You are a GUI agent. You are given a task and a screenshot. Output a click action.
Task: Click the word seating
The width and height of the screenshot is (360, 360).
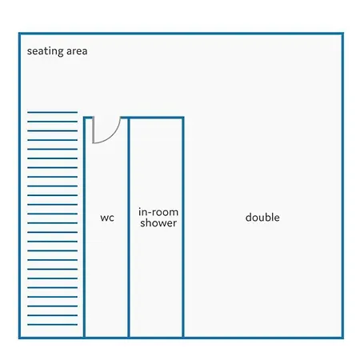pyautogui.click(x=46, y=51)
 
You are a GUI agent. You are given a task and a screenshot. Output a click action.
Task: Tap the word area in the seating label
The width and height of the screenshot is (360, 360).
pyautogui.click(x=77, y=51)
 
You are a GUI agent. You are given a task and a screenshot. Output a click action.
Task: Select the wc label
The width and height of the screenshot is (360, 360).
pyautogui.click(x=107, y=218)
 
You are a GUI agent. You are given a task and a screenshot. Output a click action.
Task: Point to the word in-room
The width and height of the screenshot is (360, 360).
pyautogui.click(x=158, y=212)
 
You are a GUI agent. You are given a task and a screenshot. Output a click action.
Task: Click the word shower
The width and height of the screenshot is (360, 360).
pyautogui.click(x=158, y=223)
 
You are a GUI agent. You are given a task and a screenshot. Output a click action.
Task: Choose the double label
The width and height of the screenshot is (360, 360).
pyautogui.click(x=262, y=218)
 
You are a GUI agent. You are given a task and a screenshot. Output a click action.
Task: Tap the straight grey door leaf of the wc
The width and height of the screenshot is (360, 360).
pyautogui.click(x=93, y=130)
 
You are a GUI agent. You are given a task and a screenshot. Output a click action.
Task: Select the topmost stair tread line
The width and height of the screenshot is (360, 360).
pyautogui.click(x=52, y=112)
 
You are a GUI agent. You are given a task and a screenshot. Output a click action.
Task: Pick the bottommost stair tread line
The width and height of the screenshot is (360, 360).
pyautogui.click(x=52, y=325)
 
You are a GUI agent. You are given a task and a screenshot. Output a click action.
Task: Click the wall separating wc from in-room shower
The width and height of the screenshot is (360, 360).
pyautogui.click(x=129, y=227)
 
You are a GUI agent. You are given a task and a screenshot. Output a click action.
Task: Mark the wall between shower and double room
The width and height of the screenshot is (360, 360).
pyautogui.click(x=183, y=227)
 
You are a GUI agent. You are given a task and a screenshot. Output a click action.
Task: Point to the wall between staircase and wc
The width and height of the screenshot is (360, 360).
pyautogui.click(x=84, y=227)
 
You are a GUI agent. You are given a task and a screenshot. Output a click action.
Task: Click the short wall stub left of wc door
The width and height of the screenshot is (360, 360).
pyautogui.click(x=88, y=118)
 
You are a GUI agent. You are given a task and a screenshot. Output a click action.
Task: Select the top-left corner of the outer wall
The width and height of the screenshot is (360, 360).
pyautogui.click(x=19, y=34)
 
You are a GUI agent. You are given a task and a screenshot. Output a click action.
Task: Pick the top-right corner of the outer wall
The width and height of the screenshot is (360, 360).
pyautogui.click(x=342, y=34)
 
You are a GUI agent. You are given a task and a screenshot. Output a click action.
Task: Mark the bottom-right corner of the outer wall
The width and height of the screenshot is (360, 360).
pyautogui.click(x=342, y=338)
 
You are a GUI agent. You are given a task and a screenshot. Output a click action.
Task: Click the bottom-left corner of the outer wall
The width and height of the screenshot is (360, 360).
pyautogui.click(x=19, y=338)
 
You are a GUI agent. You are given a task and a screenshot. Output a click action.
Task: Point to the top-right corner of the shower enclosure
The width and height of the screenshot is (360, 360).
pyautogui.click(x=183, y=118)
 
